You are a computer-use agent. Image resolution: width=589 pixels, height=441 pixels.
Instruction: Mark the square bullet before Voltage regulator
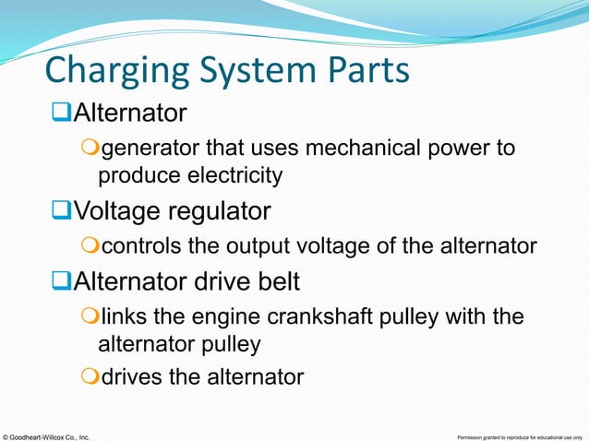coord(63,213)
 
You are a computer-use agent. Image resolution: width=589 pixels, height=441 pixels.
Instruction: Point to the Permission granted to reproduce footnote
coord(521,435)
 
